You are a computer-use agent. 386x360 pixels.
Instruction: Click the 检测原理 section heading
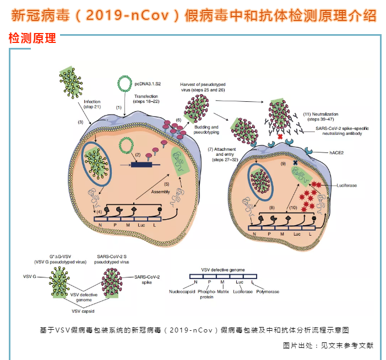point(32,39)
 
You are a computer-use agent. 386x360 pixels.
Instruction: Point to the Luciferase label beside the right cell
point(346,186)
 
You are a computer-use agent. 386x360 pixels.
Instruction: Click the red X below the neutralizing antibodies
point(281,136)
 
